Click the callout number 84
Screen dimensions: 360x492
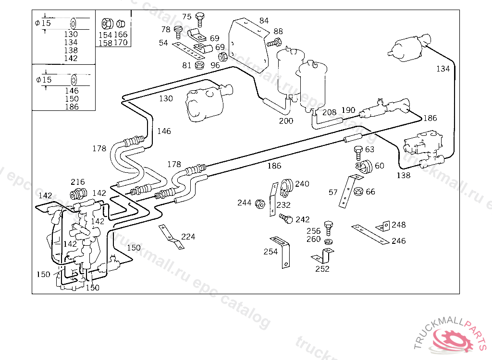tap(264, 21)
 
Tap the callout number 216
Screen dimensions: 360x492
tap(78, 182)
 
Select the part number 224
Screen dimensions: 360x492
tap(188, 237)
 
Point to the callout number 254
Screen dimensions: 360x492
tap(271, 252)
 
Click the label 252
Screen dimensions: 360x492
tap(322, 269)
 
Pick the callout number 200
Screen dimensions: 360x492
tap(286, 121)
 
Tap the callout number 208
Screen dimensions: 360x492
tap(329, 112)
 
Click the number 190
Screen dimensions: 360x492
tap(348, 110)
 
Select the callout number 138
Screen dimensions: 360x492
tap(404, 175)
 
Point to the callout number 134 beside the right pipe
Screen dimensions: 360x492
tap(443, 69)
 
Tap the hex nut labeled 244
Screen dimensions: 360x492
tap(259, 203)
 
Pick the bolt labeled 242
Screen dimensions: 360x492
tap(286, 219)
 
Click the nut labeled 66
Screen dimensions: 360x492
tap(358, 192)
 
